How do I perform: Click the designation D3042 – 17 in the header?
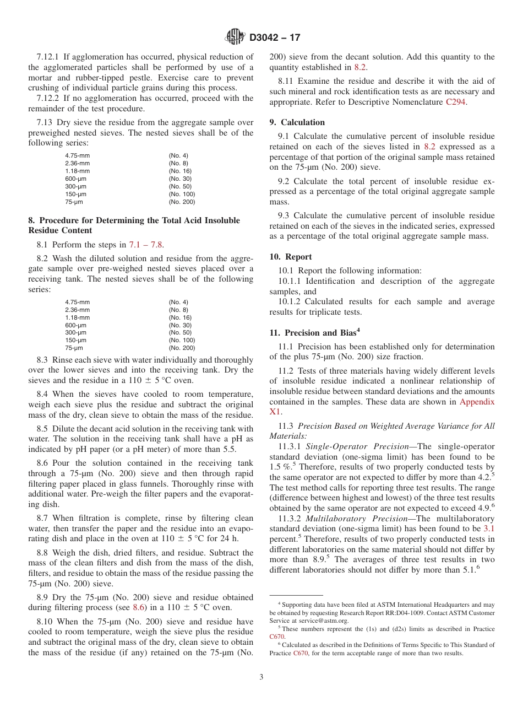(275, 38)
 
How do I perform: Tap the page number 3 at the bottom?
(261, 677)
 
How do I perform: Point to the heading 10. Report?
(291, 257)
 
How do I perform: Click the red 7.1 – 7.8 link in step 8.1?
(146, 245)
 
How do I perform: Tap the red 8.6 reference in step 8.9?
(139, 607)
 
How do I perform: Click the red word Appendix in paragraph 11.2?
(477, 402)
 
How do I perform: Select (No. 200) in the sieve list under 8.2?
(182, 348)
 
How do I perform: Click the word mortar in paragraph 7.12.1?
(42, 78)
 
